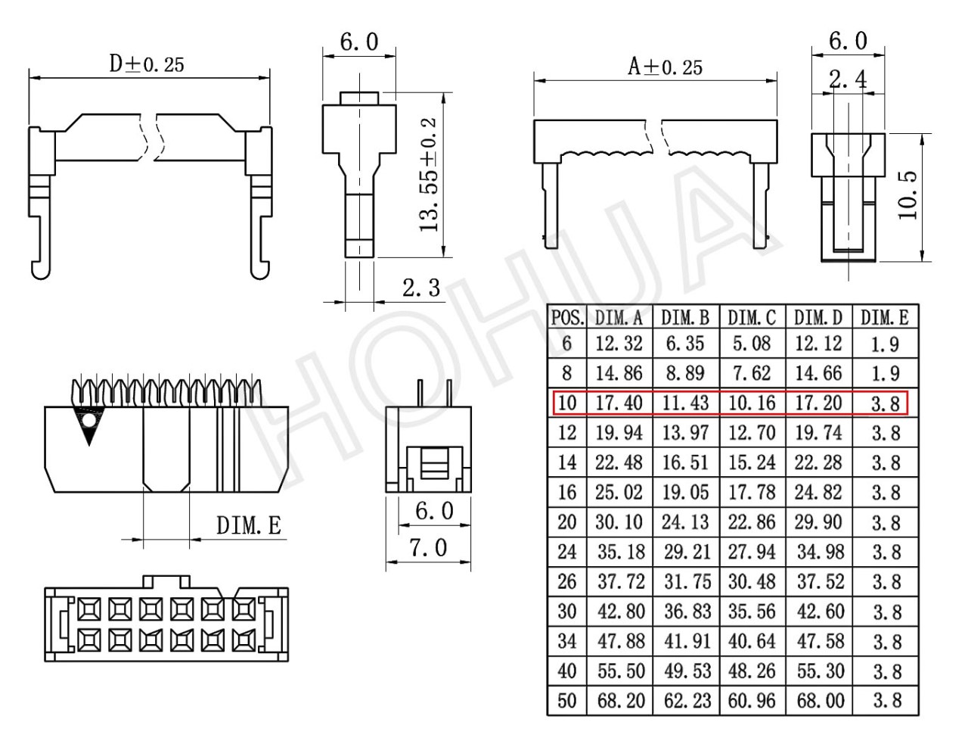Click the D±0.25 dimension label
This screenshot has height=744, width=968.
point(147,64)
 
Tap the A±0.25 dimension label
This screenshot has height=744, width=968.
point(665,67)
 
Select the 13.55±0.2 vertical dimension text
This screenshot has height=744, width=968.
point(429,175)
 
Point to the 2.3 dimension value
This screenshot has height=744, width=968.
point(421,288)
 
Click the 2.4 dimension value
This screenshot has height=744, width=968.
point(848,80)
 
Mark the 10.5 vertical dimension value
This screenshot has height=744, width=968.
point(907,195)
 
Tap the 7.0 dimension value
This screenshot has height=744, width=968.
point(428,548)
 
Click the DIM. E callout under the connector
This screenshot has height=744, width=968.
point(249,525)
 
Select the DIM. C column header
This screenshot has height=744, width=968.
point(752,318)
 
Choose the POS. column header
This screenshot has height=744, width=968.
point(567,318)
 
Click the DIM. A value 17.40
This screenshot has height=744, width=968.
point(619,403)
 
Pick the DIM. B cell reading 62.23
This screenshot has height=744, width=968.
point(687,701)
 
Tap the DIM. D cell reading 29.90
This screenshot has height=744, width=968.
point(818,522)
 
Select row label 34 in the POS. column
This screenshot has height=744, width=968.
point(567,641)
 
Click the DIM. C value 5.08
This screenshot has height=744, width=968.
point(752,344)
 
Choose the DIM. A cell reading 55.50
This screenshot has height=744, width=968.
point(621,671)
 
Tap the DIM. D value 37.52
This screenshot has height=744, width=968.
point(820,582)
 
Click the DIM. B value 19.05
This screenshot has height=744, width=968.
point(686,493)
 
